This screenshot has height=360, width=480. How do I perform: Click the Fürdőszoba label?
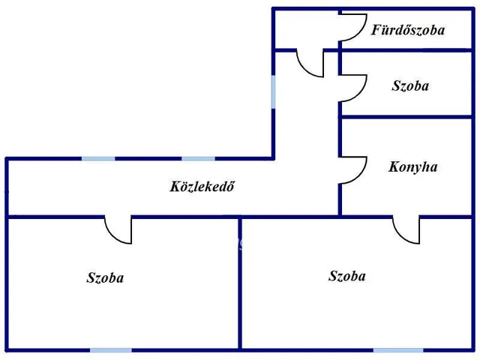tap(408, 31)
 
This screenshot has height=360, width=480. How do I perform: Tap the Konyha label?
tap(412, 167)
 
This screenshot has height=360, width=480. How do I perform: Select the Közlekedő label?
tap(202, 187)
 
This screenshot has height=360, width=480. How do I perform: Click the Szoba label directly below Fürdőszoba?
tap(410, 86)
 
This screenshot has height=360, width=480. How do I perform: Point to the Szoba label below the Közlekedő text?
tap(105, 278)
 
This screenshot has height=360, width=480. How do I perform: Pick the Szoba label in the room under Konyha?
tap(347, 277)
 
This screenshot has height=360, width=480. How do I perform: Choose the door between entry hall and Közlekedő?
tap(310, 63)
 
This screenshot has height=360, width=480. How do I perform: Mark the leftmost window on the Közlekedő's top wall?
tap(98, 159)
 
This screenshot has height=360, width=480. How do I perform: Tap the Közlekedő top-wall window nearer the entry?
tap(198, 159)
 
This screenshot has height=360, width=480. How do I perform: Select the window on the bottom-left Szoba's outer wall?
tap(110, 349)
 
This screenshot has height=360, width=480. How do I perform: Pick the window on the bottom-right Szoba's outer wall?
tap(397, 349)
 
